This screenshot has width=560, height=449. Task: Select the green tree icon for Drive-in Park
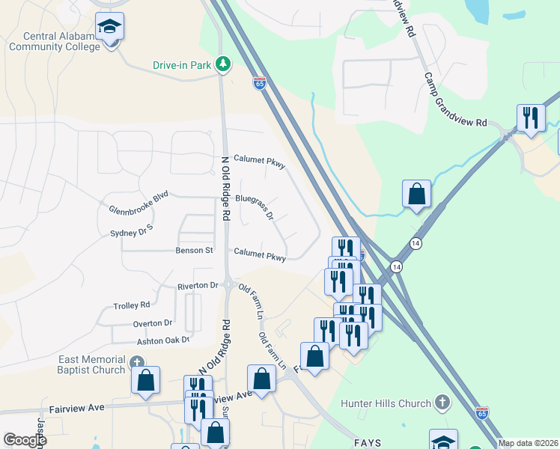(x=222, y=65)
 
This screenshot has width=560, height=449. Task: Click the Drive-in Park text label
(x=182, y=66)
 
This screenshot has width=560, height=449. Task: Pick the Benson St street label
(x=195, y=250)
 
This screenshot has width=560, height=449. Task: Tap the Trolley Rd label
(x=131, y=305)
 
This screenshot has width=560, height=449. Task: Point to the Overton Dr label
(x=153, y=323)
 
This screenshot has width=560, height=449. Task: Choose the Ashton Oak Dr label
(x=162, y=340)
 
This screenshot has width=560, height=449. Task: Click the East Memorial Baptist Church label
(x=92, y=364)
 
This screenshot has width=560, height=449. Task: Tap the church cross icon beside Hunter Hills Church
(x=442, y=403)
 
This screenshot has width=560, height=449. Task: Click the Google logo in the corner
(x=25, y=440)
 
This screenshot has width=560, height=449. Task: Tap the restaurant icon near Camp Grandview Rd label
(x=531, y=118)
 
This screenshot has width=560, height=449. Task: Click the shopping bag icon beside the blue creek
(x=416, y=194)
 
